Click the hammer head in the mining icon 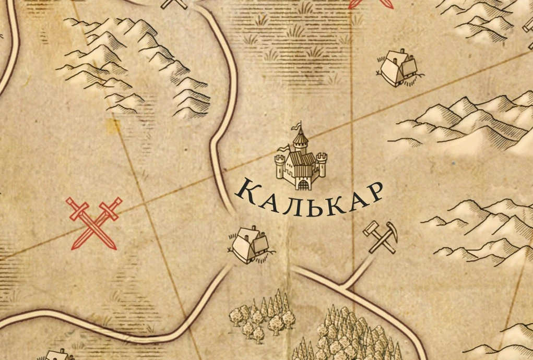(x=371, y=227)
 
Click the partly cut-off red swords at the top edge (x=371, y=3)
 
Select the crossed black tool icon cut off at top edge (x=174, y=4)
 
